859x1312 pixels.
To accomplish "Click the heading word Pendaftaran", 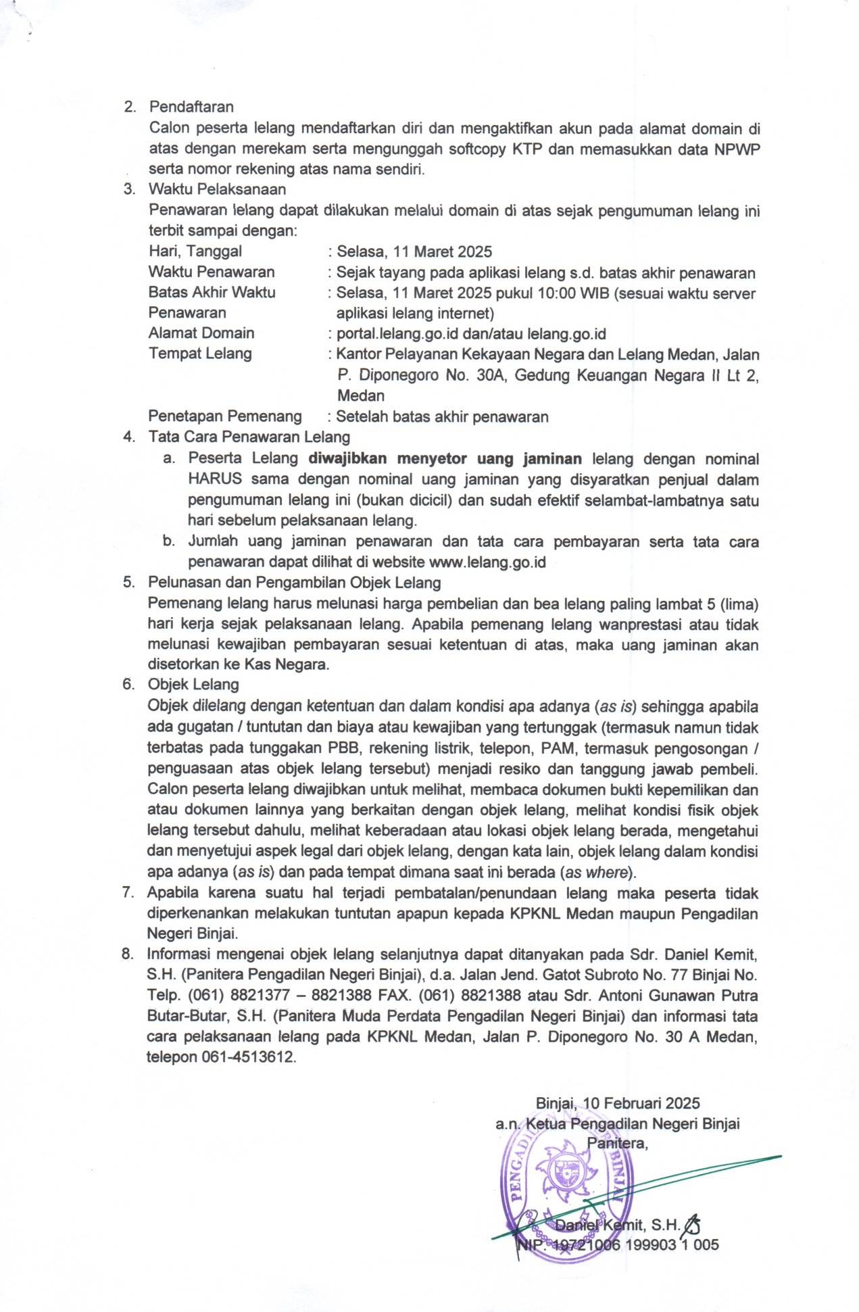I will tap(191, 107).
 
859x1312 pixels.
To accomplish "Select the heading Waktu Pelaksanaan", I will tap(217, 189).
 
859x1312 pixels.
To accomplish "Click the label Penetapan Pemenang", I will tap(225, 416).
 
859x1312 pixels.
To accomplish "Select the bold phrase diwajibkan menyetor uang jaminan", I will tap(445, 459).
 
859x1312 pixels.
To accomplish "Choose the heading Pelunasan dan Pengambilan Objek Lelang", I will tap(295, 583).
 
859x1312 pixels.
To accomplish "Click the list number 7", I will tap(127, 893).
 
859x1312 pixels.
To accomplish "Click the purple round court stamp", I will tap(564, 1186).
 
